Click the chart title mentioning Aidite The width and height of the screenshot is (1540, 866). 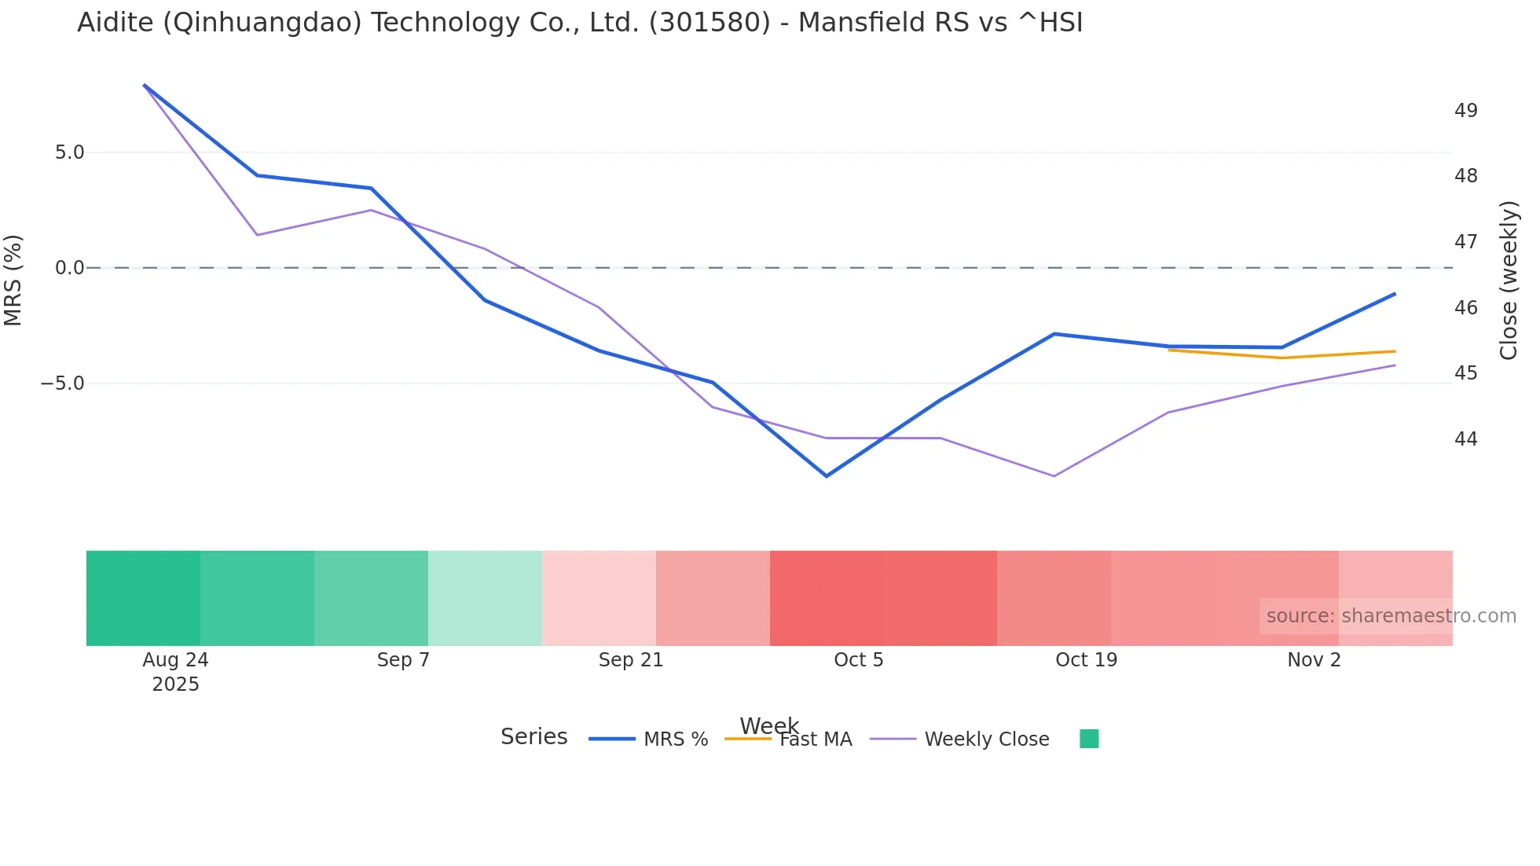tap(580, 23)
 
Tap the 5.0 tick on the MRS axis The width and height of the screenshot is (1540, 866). tap(69, 152)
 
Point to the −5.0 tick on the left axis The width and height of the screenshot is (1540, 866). tap(63, 383)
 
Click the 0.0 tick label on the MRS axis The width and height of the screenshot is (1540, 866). tap(69, 268)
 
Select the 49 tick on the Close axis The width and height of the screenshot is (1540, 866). tap(1465, 111)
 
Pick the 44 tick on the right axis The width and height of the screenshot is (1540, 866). tap(1465, 439)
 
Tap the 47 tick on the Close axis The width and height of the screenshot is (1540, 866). tap(1465, 242)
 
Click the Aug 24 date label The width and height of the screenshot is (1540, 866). tap(175, 660)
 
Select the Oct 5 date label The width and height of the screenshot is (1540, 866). tap(858, 660)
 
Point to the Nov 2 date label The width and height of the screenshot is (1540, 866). tap(1314, 660)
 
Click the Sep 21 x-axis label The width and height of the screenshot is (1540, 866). tap(631, 660)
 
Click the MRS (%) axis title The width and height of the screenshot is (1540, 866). tap(13, 280)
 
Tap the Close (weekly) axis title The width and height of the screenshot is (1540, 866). tap(1509, 281)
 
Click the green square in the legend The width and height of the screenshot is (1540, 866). tap(1089, 739)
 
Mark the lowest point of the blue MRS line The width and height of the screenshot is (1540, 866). tap(826, 475)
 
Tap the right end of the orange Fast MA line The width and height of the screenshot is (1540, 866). tap(1395, 351)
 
